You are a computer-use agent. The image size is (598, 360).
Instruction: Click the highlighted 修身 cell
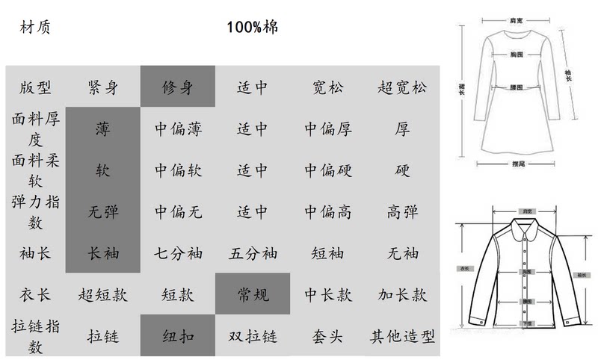178,87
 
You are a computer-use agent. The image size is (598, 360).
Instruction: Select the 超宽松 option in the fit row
402,87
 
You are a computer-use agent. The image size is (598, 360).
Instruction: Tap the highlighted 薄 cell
103,128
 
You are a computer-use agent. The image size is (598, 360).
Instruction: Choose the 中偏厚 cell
327,128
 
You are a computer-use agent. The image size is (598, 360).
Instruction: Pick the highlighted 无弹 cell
103,212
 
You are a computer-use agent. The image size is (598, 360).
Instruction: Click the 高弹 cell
402,212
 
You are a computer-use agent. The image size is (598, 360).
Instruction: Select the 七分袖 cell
178,253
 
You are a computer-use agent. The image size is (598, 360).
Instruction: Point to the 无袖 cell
402,253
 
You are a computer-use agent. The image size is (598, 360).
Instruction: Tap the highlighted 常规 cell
253,294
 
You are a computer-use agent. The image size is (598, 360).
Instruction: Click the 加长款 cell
402,294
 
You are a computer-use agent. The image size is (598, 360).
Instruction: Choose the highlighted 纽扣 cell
178,336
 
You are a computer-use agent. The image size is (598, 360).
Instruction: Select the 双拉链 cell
253,336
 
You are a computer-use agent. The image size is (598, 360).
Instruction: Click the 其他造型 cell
402,336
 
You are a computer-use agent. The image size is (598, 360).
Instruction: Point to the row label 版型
35,87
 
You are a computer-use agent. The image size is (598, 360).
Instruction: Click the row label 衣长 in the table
35,294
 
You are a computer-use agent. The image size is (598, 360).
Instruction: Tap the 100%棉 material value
253,28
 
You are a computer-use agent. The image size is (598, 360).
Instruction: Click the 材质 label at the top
35,28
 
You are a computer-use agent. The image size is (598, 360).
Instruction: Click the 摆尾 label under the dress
516,162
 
